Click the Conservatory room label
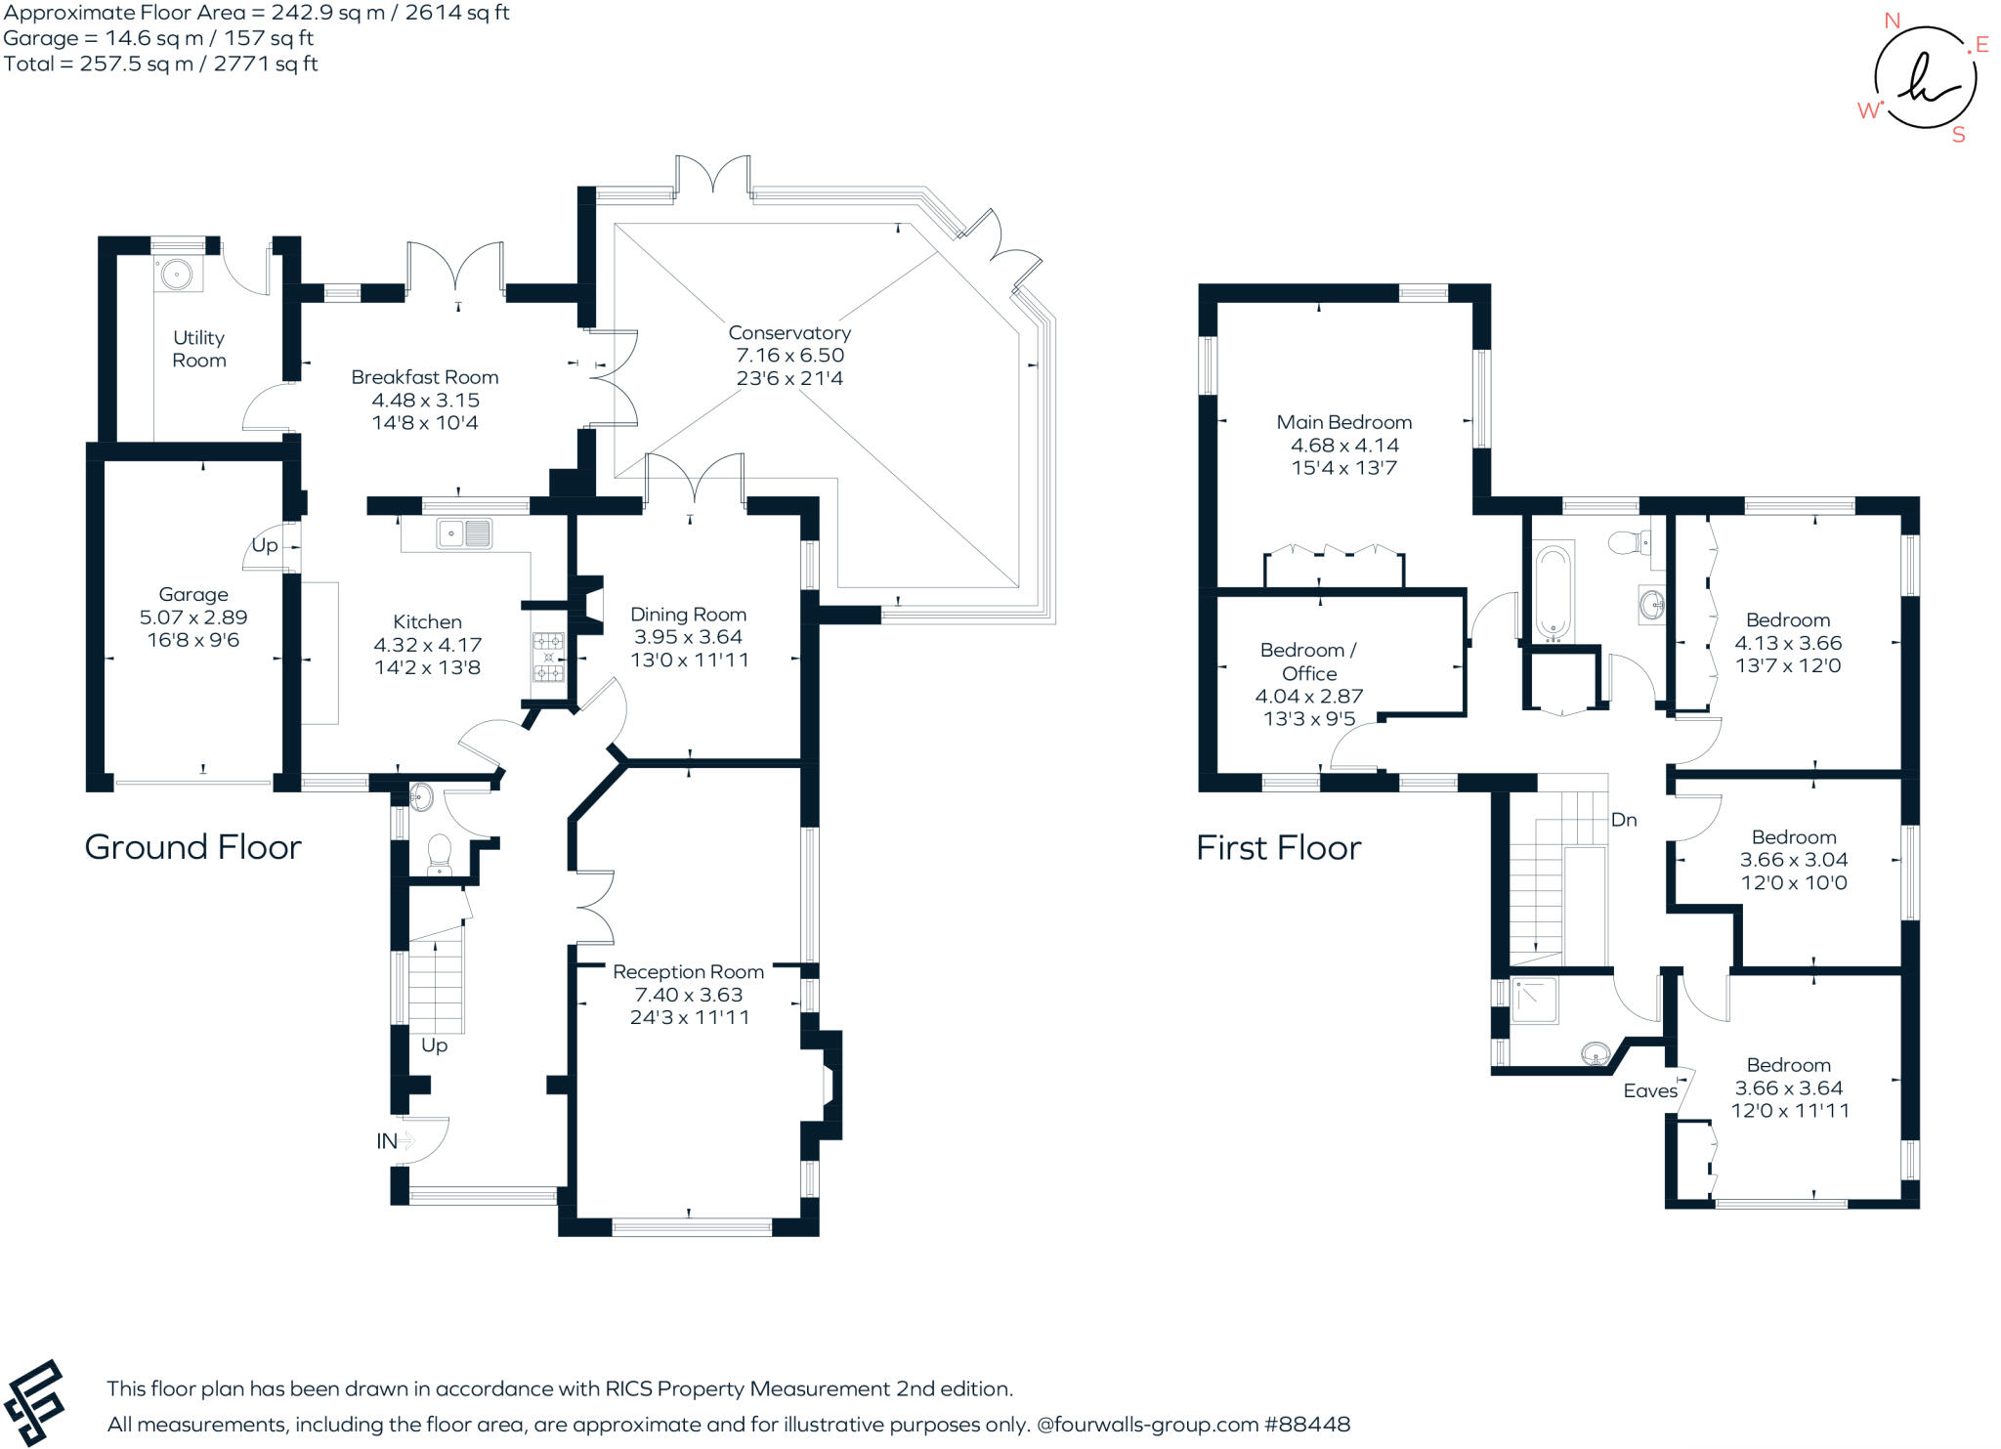point(789,333)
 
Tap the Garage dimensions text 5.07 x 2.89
point(193,618)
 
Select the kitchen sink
point(464,533)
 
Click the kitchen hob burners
point(548,658)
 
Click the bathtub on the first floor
point(1553,591)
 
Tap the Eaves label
point(1650,1090)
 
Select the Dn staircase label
point(1624,820)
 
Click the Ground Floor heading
point(193,847)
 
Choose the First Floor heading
point(1278,848)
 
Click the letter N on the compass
point(1893,21)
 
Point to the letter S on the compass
point(1958,136)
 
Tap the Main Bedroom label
point(1343,422)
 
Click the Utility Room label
point(199,349)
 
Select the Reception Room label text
point(688,972)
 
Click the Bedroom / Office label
point(1308,661)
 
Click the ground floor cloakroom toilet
point(439,853)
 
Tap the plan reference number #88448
point(1307,1424)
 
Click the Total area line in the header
point(161,64)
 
